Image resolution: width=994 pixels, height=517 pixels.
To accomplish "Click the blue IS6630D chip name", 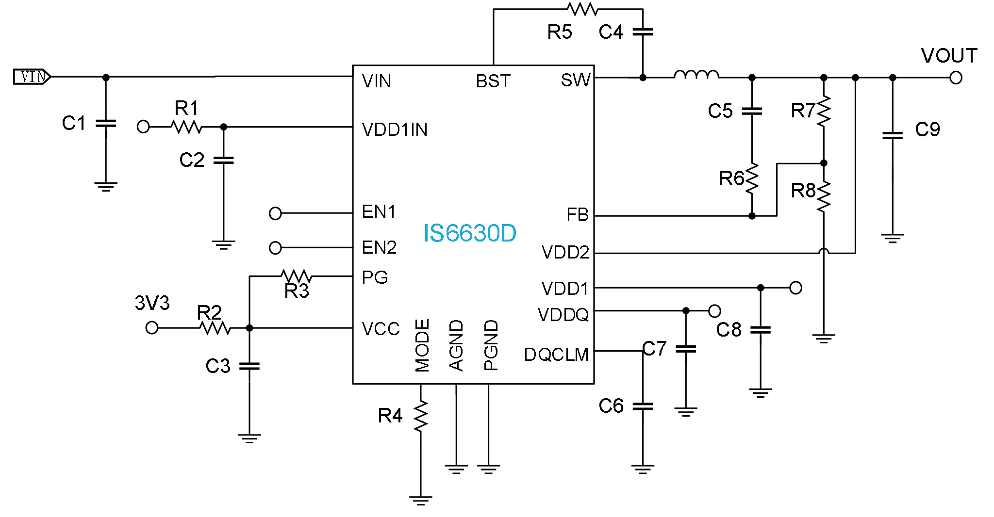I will [469, 234].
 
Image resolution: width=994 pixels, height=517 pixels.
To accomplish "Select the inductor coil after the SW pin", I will [696, 75].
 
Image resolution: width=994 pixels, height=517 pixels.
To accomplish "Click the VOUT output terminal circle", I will [956, 78].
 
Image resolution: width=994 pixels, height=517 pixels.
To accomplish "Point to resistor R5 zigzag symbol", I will [582, 9].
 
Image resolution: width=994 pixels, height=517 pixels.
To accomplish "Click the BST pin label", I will [493, 81].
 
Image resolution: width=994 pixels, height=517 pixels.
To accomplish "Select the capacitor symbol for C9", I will [892, 135].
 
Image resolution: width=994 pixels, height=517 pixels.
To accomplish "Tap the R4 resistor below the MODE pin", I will [420, 416].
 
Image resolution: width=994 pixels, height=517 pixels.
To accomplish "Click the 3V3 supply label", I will [152, 303].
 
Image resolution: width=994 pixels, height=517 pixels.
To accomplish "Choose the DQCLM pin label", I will [556, 355].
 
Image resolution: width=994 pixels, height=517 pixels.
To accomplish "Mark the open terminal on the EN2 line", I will [275, 248].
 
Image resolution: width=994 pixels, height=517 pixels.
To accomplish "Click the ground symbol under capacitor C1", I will [106, 187].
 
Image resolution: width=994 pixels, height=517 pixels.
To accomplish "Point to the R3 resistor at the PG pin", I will [296, 276].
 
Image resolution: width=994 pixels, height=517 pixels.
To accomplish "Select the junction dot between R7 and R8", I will [824, 163].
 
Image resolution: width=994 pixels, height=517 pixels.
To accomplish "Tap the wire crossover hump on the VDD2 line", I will [824, 251].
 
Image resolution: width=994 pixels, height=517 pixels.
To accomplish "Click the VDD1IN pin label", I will [395, 129].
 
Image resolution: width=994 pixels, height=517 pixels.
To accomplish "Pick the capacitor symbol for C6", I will [643, 406].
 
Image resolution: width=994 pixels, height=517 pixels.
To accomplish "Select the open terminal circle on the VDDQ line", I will [714, 310].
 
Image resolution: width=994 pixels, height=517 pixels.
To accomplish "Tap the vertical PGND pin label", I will [491, 345].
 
